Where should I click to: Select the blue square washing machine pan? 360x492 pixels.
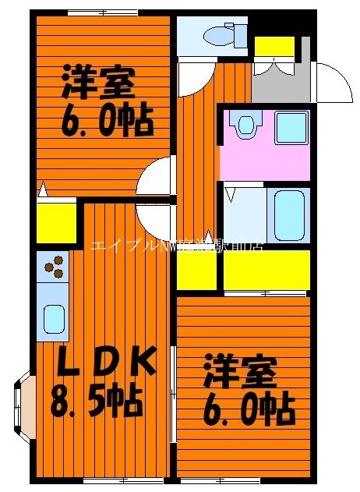coord(291,127)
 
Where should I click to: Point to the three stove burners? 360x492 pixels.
coord(54,267)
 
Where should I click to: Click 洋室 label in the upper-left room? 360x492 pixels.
coord(98,80)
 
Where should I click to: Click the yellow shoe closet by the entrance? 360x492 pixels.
coord(274,46)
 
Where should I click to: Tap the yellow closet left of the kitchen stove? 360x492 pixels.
coord(56,223)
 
